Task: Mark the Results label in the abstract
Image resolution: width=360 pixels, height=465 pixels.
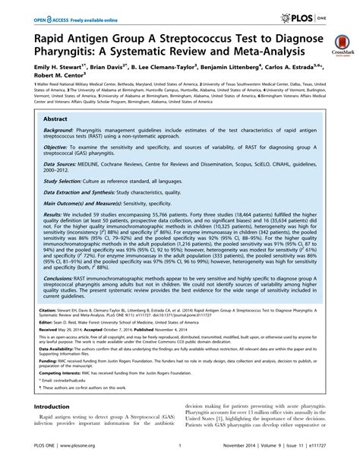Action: (53, 195)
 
